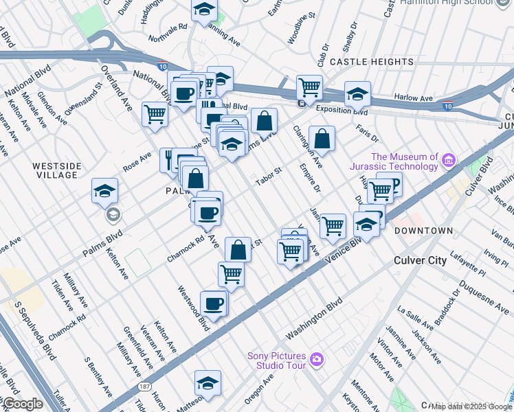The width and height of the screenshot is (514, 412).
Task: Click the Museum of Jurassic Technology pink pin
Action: [449, 161]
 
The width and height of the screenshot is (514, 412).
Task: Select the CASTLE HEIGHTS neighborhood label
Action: [371, 62]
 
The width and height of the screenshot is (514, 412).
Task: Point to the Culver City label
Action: [420, 261]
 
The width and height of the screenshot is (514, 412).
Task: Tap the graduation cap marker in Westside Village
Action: [104, 192]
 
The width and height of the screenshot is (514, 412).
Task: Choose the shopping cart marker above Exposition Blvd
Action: [309, 88]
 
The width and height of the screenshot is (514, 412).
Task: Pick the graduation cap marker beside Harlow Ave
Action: [357, 94]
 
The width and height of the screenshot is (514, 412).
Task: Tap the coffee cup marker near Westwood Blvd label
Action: [214, 304]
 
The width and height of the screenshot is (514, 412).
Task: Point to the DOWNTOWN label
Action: [424, 231]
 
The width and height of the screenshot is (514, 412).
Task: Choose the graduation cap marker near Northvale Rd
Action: [203, 10]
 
